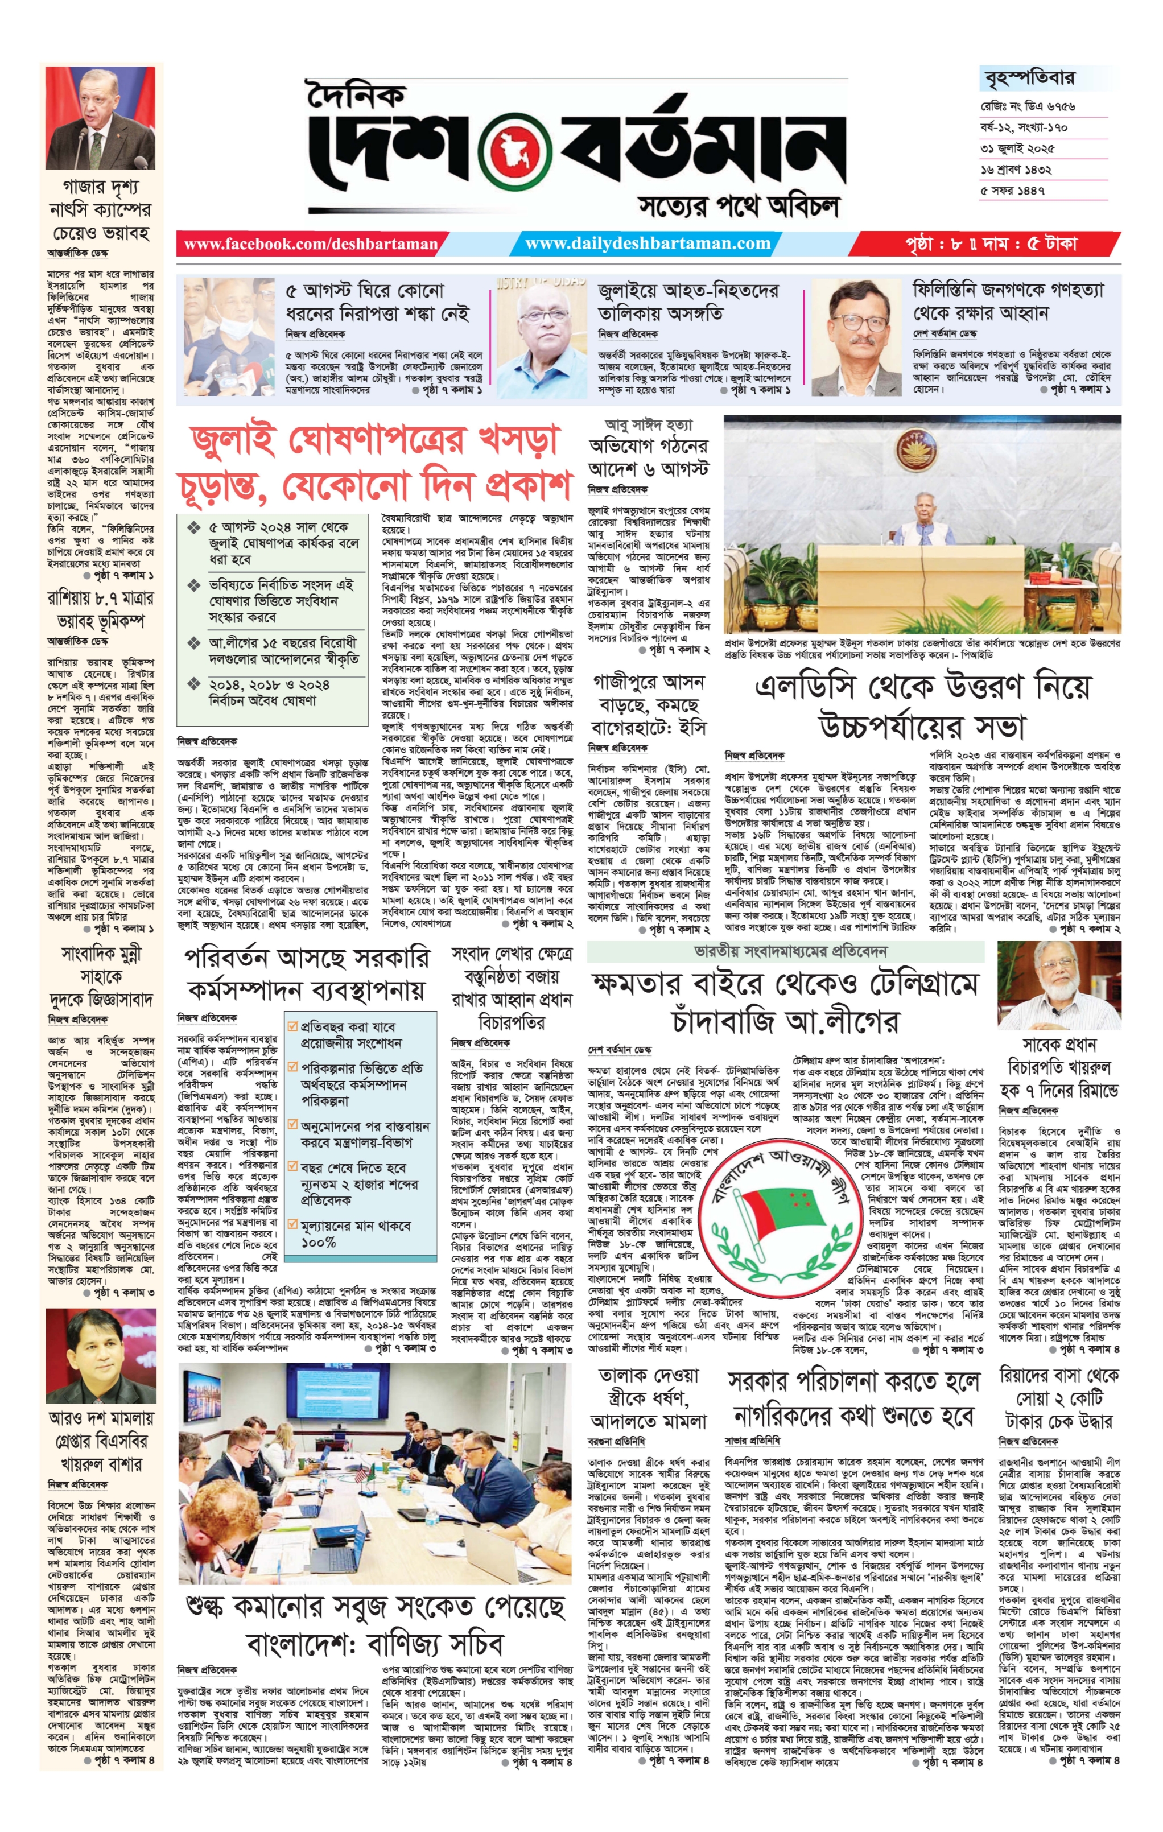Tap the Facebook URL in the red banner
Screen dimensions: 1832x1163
click(310, 244)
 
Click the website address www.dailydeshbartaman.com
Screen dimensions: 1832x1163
click(648, 244)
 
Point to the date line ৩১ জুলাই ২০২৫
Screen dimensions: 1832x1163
click(1017, 148)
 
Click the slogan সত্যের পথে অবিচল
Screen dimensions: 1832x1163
click(739, 205)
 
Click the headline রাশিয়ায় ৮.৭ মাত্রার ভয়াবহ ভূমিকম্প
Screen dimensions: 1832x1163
click(100, 609)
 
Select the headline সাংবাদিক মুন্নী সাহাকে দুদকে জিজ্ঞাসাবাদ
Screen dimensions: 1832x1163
click(100, 976)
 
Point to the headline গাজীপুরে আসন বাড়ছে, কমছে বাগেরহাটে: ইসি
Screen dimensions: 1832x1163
click(648, 704)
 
